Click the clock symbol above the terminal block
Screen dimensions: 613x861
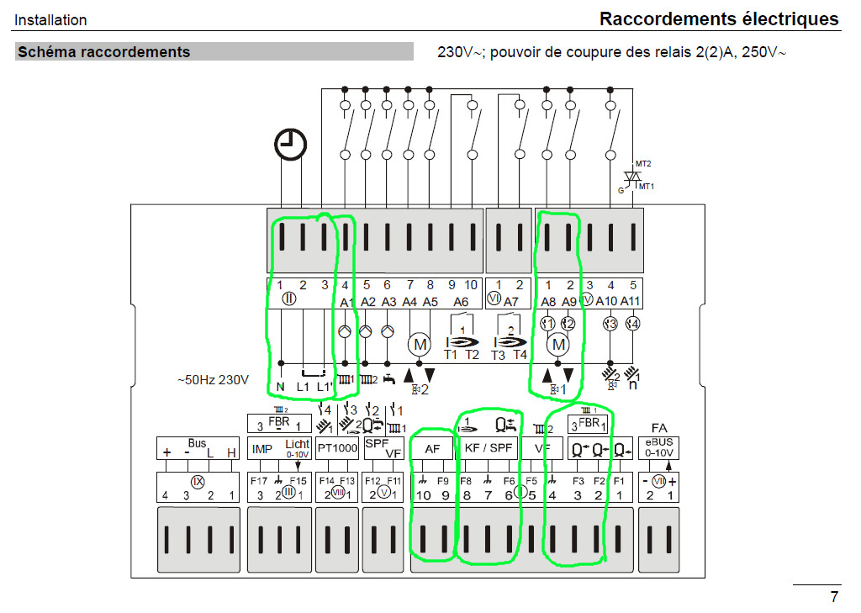click(x=290, y=146)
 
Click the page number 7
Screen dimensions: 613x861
click(x=833, y=597)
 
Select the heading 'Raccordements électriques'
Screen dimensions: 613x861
click(x=719, y=18)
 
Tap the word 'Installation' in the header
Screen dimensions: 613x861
click(x=50, y=19)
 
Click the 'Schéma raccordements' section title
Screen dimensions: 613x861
click(x=104, y=52)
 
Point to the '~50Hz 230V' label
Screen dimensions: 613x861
click(x=213, y=380)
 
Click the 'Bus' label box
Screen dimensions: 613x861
click(x=198, y=448)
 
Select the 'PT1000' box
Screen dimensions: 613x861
click(x=337, y=449)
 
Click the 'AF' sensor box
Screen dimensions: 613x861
click(x=432, y=449)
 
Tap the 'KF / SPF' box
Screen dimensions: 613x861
click(x=489, y=449)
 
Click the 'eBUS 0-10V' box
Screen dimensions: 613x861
click(x=659, y=447)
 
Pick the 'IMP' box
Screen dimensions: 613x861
click(x=262, y=449)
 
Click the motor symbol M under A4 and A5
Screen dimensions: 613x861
click(x=419, y=343)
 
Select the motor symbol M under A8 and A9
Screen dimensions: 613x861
click(x=557, y=343)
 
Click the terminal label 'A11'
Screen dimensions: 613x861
click(x=631, y=301)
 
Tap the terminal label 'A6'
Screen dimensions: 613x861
click(x=462, y=301)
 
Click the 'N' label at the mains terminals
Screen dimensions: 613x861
click(x=280, y=388)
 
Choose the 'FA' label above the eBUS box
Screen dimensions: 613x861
click(x=659, y=428)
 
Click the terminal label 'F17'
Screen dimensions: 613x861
click(x=259, y=480)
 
